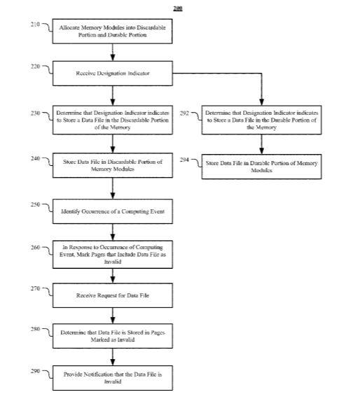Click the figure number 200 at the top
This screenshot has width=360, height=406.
tap(178, 8)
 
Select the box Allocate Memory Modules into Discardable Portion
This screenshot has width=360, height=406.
tap(112, 31)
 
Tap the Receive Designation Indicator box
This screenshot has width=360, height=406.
tap(113, 73)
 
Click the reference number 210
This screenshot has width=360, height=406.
tap(35, 24)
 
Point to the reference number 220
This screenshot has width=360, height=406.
tap(35, 66)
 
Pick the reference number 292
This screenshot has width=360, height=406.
tap(184, 113)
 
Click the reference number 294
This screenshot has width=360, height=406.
tap(184, 160)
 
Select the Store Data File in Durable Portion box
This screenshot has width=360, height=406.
tap(261, 167)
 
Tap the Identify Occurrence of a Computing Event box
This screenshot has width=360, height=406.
tap(113, 211)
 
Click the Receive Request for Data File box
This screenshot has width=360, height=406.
tap(113, 295)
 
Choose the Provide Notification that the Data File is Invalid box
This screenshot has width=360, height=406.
tap(113, 378)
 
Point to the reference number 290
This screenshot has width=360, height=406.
tap(35, 371)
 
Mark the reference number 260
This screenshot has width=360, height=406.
tap(35, 248)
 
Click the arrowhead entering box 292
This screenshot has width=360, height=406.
tap(261, 102)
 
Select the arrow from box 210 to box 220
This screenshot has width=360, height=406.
tap(113, 52)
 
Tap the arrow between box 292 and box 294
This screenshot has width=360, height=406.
tap(261, 144)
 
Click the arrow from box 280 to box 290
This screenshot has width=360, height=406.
tap(113, 357)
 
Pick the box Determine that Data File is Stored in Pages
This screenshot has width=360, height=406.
tap(113, 336)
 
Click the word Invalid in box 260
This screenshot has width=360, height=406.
tap(113, 262)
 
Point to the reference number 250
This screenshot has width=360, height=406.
tap(35, 204)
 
